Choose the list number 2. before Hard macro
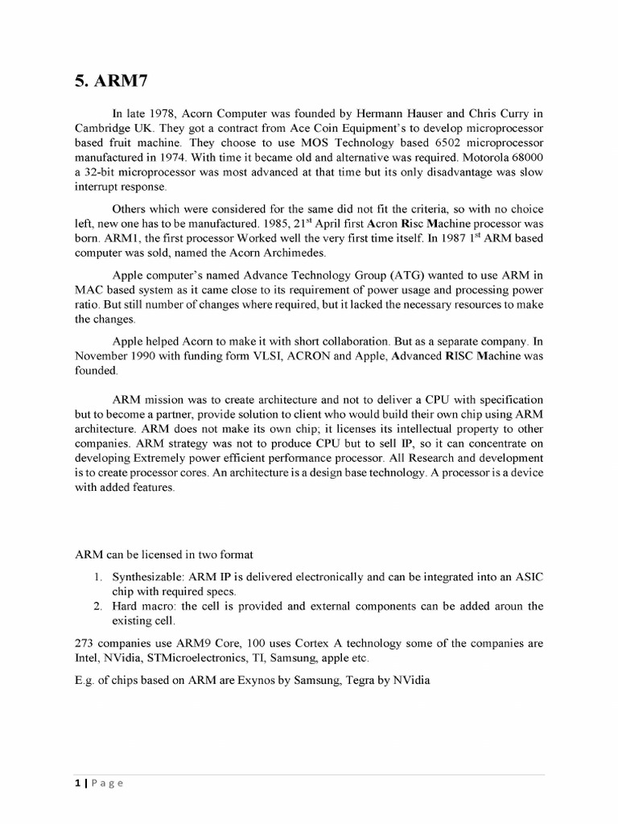[97, 605]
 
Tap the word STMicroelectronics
[217, 659]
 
